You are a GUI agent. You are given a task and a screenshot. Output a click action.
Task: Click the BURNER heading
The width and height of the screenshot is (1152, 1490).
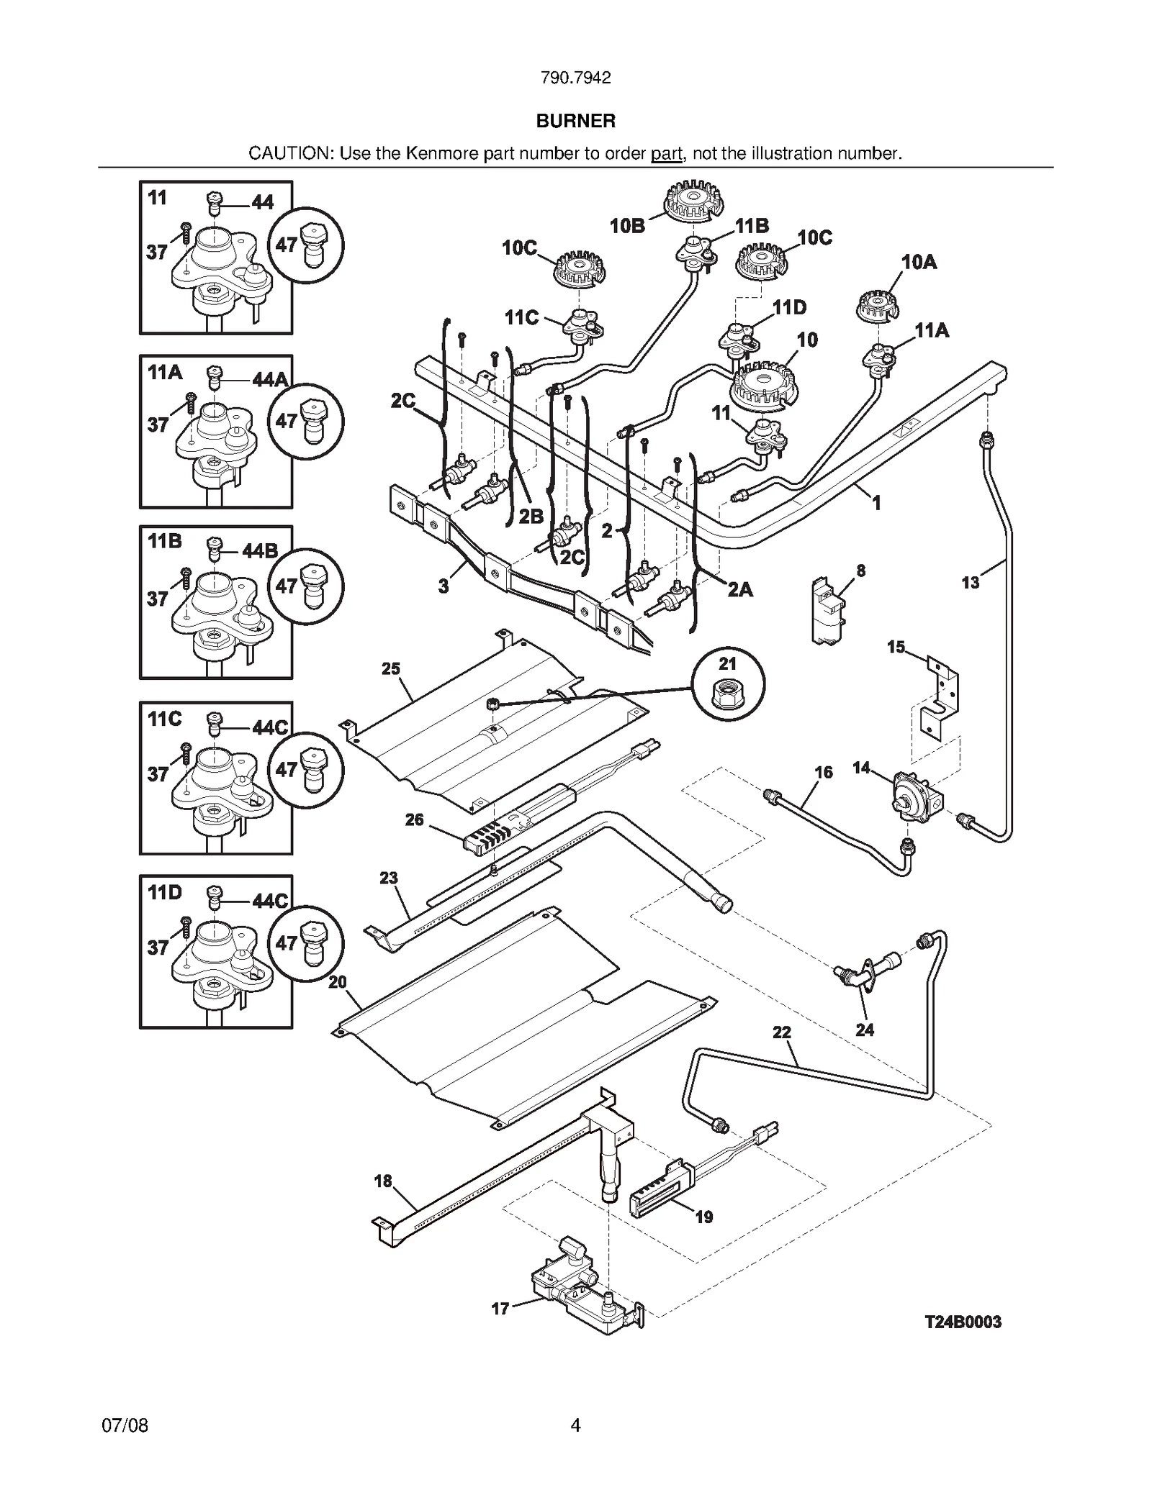[575, 121]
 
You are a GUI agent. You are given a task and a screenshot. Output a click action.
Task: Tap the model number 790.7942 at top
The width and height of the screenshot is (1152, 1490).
[575, 78]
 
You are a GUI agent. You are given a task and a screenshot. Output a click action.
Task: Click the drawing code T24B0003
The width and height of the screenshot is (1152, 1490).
[963, 1322]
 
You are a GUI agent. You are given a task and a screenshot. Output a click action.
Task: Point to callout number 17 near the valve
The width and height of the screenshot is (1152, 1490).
[500, 1309]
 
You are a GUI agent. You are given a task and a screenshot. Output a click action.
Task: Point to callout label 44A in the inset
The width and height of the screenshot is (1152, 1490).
[270, 379]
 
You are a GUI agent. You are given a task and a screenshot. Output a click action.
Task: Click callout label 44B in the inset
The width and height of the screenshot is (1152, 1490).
[260, 551]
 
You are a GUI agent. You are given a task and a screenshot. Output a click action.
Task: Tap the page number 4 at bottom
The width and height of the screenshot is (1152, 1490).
[575, 1425]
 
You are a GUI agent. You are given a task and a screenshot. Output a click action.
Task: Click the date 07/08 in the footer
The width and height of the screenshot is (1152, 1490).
[125, 1425]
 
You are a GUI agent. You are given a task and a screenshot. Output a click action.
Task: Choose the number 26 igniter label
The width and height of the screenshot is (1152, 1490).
[414, 819]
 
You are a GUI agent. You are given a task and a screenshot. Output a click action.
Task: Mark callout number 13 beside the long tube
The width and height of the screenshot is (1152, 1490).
[970, 582]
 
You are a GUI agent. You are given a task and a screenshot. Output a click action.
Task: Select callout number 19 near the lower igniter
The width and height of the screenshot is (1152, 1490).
[703, 1217]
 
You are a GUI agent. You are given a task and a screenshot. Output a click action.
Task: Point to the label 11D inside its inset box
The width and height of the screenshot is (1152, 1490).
[164, 893]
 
